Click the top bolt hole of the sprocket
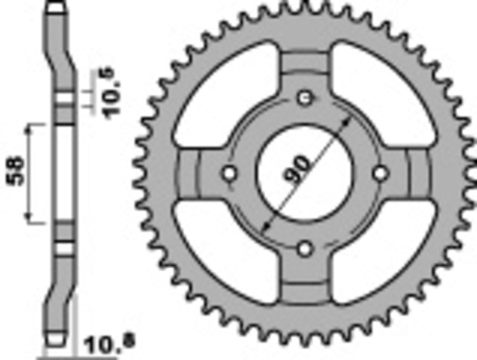305,97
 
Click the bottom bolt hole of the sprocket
305,248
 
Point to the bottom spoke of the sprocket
305,280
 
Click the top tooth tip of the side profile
55,7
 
